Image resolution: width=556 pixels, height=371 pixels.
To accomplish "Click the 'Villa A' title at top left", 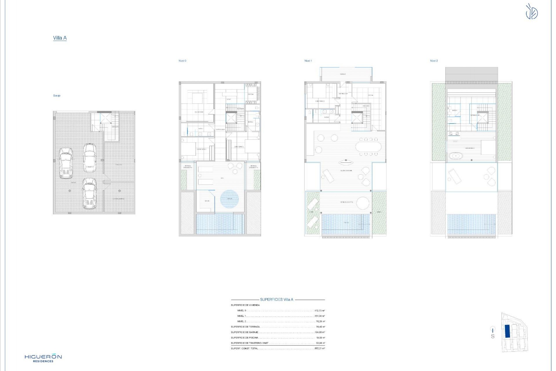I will pyautogui.click(x=60, y=38).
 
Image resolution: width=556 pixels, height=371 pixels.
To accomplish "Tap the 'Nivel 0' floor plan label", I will pyautogui.click(x=182, y=61).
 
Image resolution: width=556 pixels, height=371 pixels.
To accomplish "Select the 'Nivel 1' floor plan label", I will pyautogui.click(x=308, y=61).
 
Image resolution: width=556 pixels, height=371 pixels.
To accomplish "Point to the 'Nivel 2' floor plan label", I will pyautogui.click(x=434, y=61).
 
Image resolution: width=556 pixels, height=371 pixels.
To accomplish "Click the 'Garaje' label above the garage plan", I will pyautogui.click(x=57, y=96).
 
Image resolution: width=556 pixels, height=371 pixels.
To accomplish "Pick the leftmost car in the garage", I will pyautogui.click(x=66, y=163).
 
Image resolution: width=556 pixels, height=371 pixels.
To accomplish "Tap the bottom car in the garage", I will pyautogui.click(x=89, y=193).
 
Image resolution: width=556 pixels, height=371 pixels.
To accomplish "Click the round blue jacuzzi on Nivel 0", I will pyautogui.click(x=229, y=199).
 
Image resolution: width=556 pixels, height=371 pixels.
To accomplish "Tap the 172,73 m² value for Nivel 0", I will pyautogui.click(x=320, y=311).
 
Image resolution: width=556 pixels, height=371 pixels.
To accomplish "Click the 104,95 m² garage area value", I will pyautogui.click(x=320, y=332).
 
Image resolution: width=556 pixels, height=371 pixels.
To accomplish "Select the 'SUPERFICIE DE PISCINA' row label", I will pyautogui.click(x=244, y=338).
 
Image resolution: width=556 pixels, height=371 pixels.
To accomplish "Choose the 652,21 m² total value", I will pyautogui.click(x=320, y=348).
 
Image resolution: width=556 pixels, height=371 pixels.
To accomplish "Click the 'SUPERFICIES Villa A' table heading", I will pyautogui.click(x=277, y=300).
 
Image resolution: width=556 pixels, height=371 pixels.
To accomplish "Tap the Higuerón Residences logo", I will pyautogui.click(x=43, y=358).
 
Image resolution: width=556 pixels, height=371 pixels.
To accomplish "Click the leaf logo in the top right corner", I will pyautogui.click(x=532, y=12).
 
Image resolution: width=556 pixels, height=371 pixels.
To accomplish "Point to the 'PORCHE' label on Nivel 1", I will pyautogui.click(x=343, y=74).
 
